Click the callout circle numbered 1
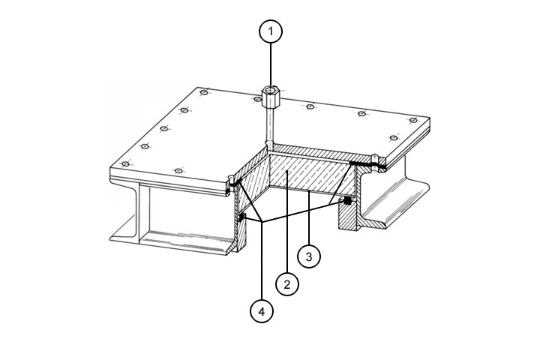click(271, 31)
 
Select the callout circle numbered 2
click(287, 284)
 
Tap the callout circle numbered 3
click(309, 256)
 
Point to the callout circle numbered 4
click(262, 311)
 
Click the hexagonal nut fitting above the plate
click(270, 97)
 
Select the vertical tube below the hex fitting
click(270, 126)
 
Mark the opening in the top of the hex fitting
click(271, 90)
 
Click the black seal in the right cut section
click(348, 200)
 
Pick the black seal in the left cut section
click(241, 217)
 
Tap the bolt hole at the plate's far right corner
click(413, 120)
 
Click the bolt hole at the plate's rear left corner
click(204, 92)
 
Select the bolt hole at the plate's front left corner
click(126, 164)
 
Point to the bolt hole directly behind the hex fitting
click(256, 100)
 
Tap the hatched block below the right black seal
click(348, 216)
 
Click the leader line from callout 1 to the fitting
click(271, 65)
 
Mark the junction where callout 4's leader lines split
click(262, 220)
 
